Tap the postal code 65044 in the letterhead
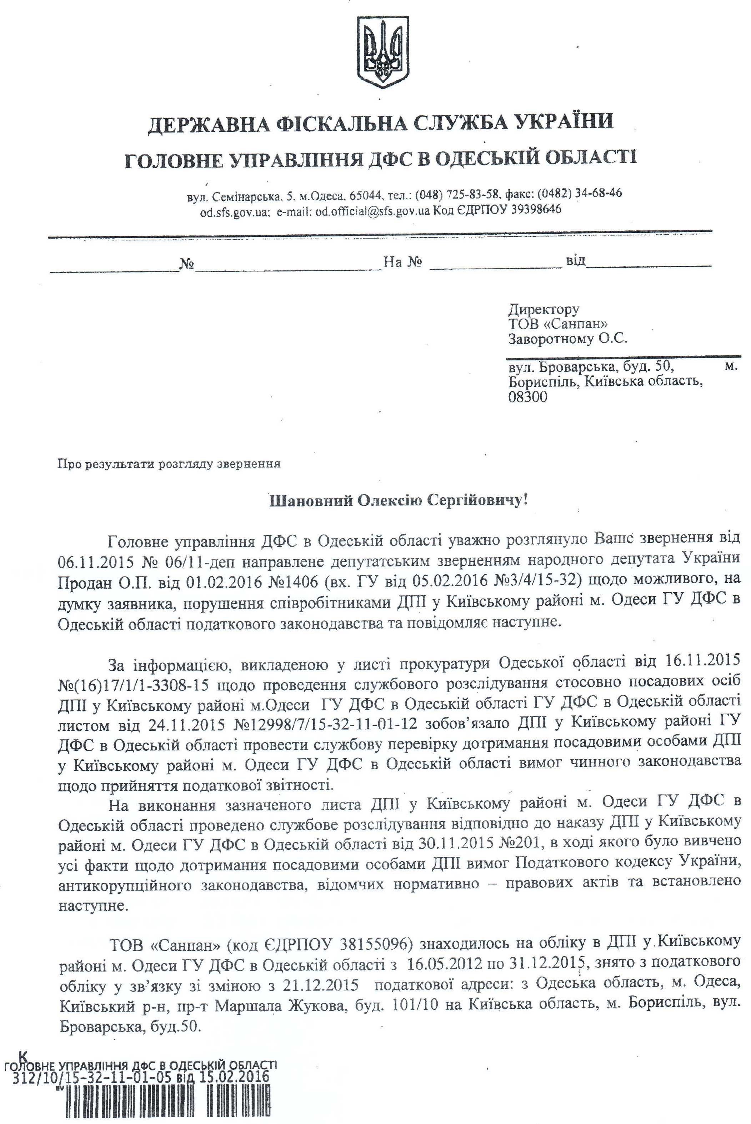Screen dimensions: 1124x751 coord(365,196)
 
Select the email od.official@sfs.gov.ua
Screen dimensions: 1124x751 coord(372,211)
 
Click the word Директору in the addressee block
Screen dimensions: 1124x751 coord(544,309)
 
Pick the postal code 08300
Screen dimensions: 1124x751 coord(528,396)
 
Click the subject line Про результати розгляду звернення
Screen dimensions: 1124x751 coord(169,464)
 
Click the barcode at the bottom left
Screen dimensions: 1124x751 coord(163,1101)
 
